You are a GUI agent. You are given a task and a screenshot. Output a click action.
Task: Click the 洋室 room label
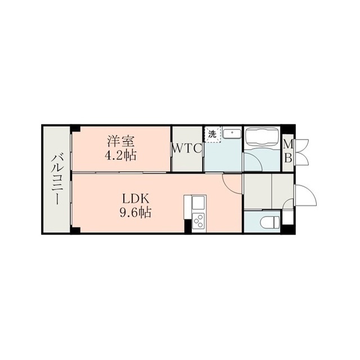coord(120,141)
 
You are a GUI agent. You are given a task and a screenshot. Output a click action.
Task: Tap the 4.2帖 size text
coord(120,155)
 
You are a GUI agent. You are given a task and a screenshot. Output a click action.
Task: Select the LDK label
coord(136,199)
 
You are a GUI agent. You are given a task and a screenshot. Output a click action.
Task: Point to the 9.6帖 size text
coord(135,213)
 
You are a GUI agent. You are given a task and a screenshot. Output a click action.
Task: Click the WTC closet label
coord(187,148)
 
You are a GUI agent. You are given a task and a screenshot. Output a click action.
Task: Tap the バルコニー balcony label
coord(56,179)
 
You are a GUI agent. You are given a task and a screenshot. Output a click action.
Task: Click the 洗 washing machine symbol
coord(213,134)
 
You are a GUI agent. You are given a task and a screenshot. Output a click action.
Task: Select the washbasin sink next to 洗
coord(232,133)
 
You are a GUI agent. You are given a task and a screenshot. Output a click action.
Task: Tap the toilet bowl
coord(270,222)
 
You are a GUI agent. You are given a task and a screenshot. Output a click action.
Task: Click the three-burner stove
coord(199,221)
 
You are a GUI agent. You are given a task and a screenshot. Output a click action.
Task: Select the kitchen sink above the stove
coord(199,202)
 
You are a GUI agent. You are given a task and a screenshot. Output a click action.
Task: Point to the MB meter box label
coord(288,151)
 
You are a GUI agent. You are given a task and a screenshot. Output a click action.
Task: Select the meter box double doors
coord(302,151)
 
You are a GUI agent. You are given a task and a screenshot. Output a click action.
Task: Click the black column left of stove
coord(188,226)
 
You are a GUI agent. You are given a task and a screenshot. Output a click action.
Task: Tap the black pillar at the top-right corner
coord(288,129)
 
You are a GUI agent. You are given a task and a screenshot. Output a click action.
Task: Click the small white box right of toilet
coord(287,218)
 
